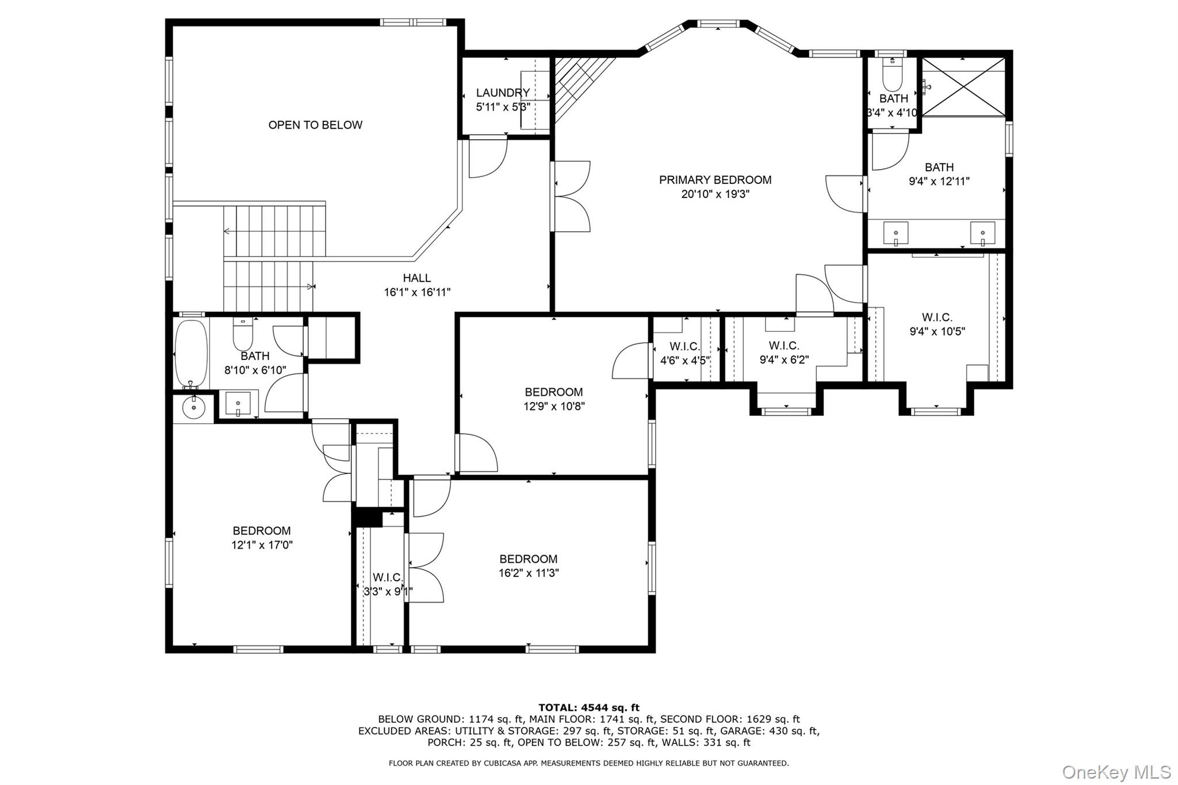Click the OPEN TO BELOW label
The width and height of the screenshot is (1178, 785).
(315, 125)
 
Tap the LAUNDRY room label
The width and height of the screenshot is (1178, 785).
(503, 93)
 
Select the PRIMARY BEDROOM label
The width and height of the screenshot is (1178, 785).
(715, 180)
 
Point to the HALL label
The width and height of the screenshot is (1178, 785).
(417, 278)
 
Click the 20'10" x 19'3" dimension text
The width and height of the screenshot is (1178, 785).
(715, 194)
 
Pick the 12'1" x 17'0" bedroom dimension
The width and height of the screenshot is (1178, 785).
(262, 545)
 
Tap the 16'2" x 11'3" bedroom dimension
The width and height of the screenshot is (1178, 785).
(529, 573)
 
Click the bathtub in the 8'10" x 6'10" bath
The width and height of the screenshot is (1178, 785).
(191, 354)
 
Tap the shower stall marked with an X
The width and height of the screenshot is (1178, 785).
(964, 86)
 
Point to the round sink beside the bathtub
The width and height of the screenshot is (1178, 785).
(193, 407)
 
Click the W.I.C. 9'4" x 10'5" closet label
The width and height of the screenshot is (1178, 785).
(937, 324)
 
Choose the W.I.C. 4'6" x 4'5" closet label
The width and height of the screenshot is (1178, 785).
(685, 354)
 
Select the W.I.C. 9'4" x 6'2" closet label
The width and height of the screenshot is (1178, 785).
(784, 353)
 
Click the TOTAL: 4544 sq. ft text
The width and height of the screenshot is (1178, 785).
(589, 708)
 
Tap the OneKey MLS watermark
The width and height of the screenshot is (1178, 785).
(1116, 772)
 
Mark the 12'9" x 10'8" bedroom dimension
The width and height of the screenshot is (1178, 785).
(554, 407)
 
